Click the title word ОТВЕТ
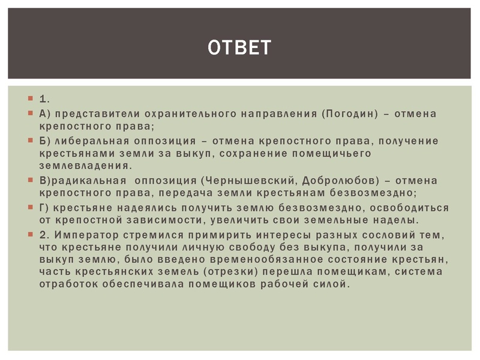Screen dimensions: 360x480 click(x=239, y=47)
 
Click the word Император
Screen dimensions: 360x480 click(x=82, y=234)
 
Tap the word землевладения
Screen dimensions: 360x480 click(x=85, y=166)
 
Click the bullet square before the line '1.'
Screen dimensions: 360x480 click(x=29, y=97)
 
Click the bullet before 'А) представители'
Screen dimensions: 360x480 click(x=29, y=113)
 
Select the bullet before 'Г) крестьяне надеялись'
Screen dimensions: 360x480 click(x=29, y=206)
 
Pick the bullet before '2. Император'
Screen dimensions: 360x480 click(x=29, y=233)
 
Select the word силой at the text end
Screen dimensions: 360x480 click(x=331, y=284)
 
